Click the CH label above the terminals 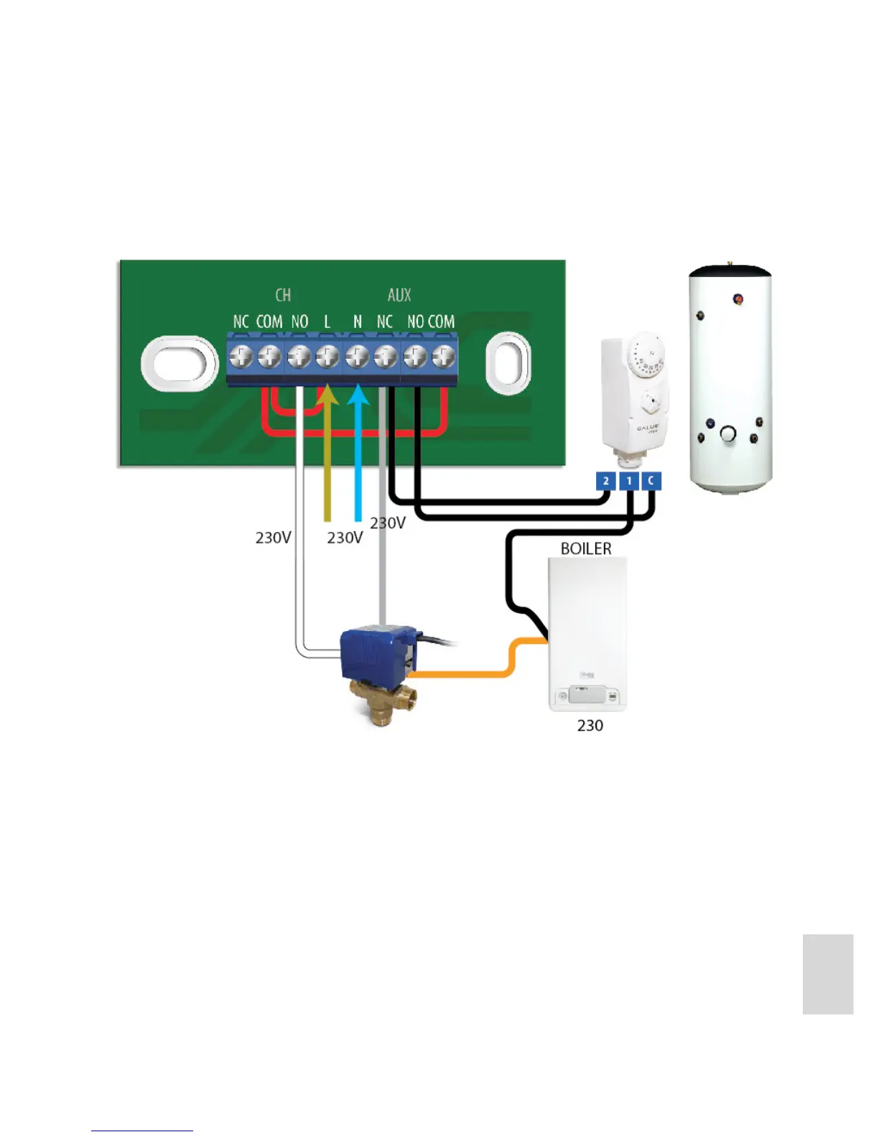(x=283, y=295)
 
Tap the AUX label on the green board (x=399, y=295)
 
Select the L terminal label (x=327, y=322)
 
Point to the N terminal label (x=357, y=322)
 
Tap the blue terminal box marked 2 (x=606, y=481)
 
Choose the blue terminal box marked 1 (x=629, y=481)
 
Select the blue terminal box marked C (x=651, y=481)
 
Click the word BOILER (x=586, y=548)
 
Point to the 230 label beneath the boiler (x=590, y=726)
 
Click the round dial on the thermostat (x=643, y=356)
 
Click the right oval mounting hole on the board (x=508, y=362)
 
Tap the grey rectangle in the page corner (x=828, y=974)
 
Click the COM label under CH (x=269, y=322)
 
